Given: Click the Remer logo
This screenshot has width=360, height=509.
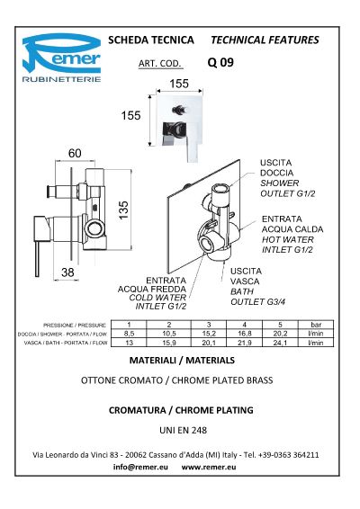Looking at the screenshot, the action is point(61,58).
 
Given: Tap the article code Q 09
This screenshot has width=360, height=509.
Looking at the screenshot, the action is point(220,62).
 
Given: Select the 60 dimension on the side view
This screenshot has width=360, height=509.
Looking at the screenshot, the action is point(75,153).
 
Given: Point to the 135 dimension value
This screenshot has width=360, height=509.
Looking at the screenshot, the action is point(123,210).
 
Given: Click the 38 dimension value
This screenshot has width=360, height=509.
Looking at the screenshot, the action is point(67,272).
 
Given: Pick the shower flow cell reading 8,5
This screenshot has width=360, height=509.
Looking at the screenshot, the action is point(129,334).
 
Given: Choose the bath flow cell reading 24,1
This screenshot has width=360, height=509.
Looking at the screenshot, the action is point(280,343).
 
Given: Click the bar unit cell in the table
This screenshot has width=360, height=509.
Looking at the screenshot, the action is point(316,325).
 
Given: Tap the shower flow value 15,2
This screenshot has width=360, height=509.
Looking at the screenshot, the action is point(209,334).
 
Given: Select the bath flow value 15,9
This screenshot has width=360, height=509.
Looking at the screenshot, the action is point(169,343).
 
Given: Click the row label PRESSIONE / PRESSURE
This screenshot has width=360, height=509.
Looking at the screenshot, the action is point(75,326).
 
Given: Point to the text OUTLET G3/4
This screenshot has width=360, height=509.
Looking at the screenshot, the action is point(258,302).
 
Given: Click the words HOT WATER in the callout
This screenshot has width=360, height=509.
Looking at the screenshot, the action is point(288,239).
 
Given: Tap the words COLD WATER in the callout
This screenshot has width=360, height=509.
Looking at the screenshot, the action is point(157,298).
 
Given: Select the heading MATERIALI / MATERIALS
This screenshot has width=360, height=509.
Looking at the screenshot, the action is point(182,361).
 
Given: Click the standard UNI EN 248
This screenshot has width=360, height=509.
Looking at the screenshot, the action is point(184,430).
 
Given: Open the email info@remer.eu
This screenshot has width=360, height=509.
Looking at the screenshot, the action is point(140,467).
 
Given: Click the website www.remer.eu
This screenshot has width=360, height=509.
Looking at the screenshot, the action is point(209,467).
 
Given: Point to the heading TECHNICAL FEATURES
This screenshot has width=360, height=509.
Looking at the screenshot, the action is point(265,40).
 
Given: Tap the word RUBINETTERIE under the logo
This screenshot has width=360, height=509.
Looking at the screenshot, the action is point(61,79).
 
